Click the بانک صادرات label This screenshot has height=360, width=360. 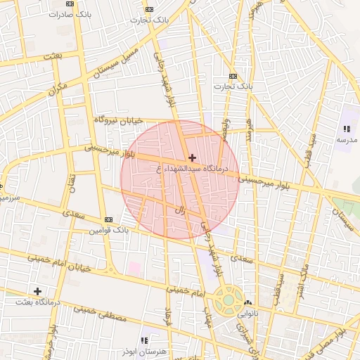point(70,13)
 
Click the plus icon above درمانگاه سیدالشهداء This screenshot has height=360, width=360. point(192,157)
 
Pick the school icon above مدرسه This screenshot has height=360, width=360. point(347,129)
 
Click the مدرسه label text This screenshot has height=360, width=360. point(347,140)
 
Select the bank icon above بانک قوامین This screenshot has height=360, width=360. point(108,219)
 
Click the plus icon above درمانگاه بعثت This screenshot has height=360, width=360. point(37,290)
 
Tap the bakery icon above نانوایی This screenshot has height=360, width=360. point(247,302)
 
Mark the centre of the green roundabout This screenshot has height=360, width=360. point(229,301)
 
